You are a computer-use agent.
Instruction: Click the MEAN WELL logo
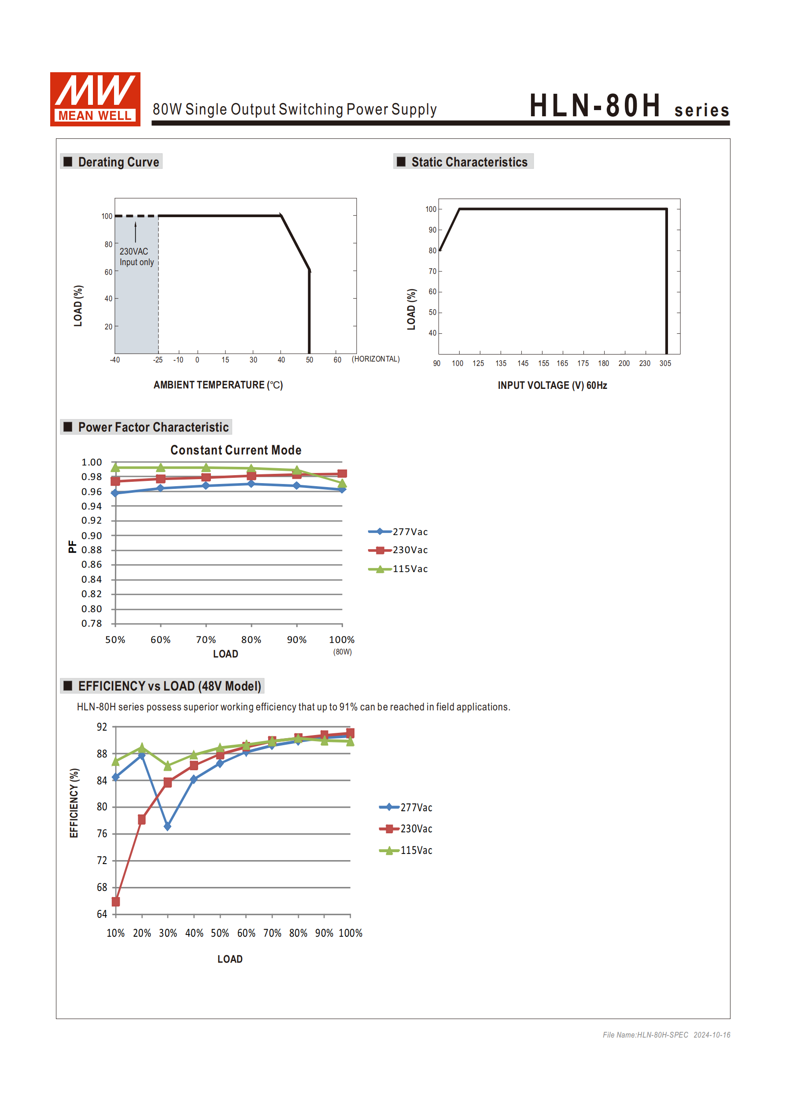point(95,99)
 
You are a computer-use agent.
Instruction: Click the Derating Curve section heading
point(118,162)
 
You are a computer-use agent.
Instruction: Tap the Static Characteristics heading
point(469,162)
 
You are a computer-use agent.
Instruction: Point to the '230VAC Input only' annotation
point(137,257)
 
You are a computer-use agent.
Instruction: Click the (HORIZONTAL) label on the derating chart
point(375,359)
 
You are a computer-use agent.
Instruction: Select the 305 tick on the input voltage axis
point(665,363)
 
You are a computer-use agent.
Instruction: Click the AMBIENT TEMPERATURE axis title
point(218,385)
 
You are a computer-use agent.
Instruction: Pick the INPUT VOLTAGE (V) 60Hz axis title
point(552,385)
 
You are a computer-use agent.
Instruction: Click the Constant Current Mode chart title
point(236,450)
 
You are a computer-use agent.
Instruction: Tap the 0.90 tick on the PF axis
point(92,536)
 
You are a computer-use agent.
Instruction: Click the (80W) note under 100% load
point(342,652)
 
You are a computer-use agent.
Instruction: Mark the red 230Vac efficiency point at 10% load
point(116,901)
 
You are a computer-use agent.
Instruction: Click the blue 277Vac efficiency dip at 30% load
point(168,826)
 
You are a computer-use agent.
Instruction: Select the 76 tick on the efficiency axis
point(102,834)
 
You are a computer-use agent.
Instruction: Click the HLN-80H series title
point(629,106)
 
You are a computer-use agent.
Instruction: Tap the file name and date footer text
point(666,1035)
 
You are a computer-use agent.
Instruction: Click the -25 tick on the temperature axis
point(158,360)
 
